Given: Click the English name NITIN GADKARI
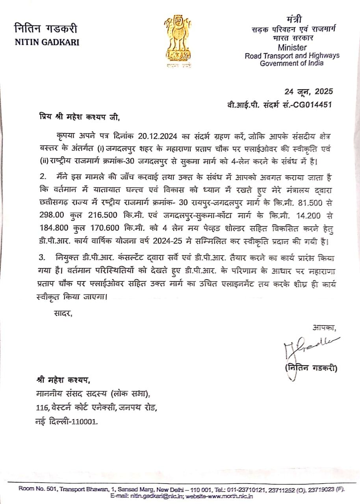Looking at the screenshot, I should tap(47, 42).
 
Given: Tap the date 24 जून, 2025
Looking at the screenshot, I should tap(309, 92).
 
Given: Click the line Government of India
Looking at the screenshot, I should tap(291, 63).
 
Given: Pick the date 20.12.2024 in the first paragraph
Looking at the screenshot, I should tap(158, 136).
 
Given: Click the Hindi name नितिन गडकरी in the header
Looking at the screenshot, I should tap(46, 29).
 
